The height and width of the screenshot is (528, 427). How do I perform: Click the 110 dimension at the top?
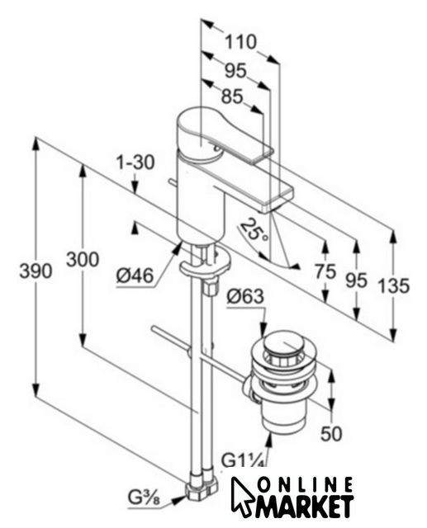tap(240, 42)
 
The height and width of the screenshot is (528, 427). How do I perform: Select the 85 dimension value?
tap(232, 97)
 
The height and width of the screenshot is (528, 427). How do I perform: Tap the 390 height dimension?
tap(36, 271)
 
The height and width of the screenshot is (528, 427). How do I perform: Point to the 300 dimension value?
tap(83, 259)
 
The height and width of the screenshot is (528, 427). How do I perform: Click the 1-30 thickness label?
tap(135, 162)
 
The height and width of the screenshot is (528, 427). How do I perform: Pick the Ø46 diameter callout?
tap(135, 276)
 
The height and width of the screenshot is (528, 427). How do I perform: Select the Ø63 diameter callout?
tap(245, 297)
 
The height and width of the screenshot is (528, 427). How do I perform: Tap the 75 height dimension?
tap(325, 271)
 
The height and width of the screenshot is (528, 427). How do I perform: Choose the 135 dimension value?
tap(393, 285)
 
